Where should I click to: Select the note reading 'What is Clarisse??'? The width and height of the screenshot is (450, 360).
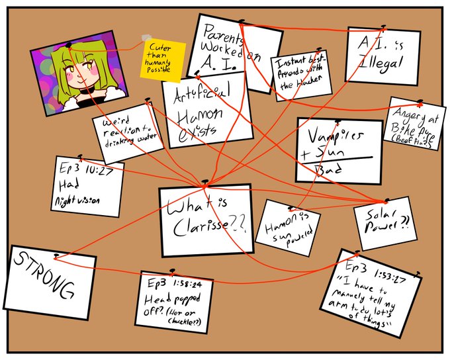tap(206, 220)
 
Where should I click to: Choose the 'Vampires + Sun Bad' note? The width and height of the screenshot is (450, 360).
tap(338, 150)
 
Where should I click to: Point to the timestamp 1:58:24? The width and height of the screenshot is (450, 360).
tap(189, 285)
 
